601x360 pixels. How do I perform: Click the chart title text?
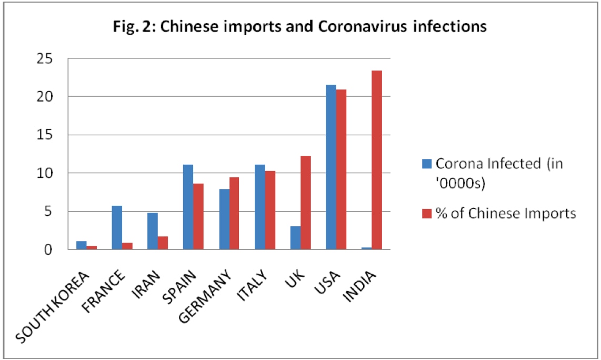(x=299, y=26)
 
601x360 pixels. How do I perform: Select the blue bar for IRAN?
(x=153, y=231)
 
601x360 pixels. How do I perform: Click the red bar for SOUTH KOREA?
(x=92, y=247)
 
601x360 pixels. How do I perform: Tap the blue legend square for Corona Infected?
(x=425, y=163)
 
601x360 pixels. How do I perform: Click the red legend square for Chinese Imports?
(x=425, y=214)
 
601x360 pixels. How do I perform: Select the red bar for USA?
(x=341, y=169)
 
